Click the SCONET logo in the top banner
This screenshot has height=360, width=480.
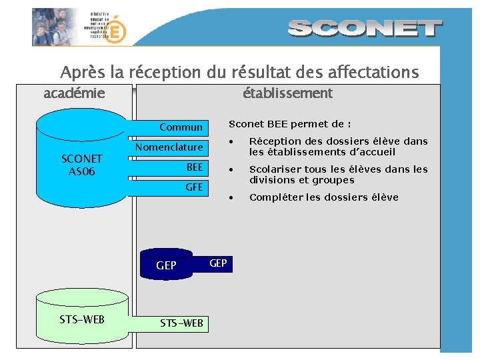point(365,28)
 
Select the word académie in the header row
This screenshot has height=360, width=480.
point(74,93)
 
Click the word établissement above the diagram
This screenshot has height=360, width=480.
point(287,93)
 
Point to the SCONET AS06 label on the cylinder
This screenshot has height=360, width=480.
point(81,165)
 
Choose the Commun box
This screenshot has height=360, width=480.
point(181,127)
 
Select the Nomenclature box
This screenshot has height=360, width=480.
point(169,147)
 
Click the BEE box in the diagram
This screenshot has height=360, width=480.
point(194,167)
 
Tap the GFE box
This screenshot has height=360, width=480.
point(194,187)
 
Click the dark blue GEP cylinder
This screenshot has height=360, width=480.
point(166,265)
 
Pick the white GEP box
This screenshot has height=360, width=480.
point(218,263)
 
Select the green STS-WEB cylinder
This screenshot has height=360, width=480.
point(81,319)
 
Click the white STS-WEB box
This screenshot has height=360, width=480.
point(181,323)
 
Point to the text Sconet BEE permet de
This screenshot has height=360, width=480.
point(290,124)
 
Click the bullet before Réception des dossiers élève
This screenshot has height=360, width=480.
point(232,141)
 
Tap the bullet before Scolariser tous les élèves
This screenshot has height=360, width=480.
point(232,169)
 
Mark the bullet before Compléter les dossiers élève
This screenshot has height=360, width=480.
point(232,197)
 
